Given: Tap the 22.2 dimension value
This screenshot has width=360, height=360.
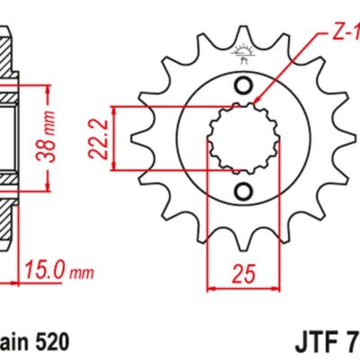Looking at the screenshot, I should [102, 137].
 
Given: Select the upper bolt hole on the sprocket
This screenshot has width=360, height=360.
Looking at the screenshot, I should [242, 85].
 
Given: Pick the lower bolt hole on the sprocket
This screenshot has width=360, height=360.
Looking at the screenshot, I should [242, 191].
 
